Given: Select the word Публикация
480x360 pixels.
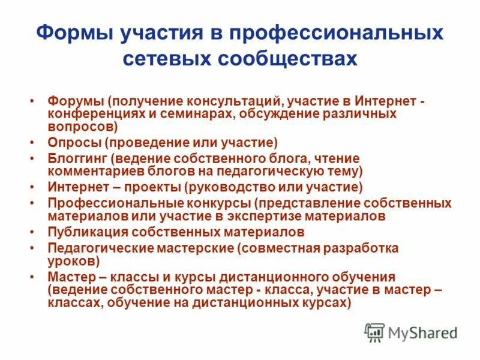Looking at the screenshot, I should [86, 232].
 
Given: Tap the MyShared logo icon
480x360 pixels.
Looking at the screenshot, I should [374, 332].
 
